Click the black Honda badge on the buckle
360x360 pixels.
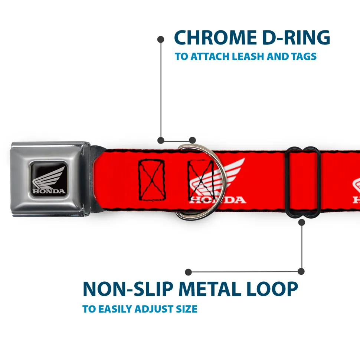tap(48, 178)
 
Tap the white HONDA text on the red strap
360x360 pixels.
tap(217, 200)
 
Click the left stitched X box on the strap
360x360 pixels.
tap(152, 180)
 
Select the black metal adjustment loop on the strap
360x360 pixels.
tap(303, 182)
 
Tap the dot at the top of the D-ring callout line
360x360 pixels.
tap(161, 39)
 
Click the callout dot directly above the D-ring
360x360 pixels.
tap(192, 140)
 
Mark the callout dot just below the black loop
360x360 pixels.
tap(301, 222)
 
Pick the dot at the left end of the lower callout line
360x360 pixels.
tap(189, 272)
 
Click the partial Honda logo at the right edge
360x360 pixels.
tap(356, 191)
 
